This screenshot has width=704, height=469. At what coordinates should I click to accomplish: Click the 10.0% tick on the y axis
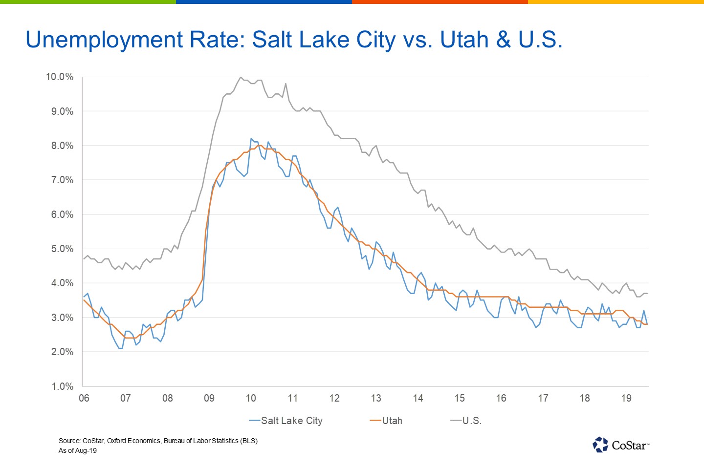coord(59,77)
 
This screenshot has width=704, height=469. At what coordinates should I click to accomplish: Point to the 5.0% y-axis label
coord(62,249)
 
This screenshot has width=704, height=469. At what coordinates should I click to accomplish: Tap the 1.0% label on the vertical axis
coord(62,386)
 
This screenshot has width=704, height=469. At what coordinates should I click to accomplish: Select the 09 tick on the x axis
coord(209,398)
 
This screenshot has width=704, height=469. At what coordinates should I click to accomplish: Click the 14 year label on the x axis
coord(418,398)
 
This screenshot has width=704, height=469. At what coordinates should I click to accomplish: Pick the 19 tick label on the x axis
coord(626,398)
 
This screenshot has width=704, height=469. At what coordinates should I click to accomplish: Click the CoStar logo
coord(621,445)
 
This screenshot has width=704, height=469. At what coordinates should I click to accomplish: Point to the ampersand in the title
coord(503,40)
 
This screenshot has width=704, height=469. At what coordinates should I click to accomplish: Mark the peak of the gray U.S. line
coord(240,77)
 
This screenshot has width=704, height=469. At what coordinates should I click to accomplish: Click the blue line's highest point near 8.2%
coord(251,139)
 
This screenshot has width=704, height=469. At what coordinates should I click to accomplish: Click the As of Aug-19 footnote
coord(78,450)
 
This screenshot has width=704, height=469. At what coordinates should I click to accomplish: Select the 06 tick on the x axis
coord(84,398)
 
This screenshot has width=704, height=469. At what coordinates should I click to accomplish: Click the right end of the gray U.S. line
coord(647,293)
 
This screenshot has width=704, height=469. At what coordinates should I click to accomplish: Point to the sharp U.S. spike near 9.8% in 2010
coord(286,84)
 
